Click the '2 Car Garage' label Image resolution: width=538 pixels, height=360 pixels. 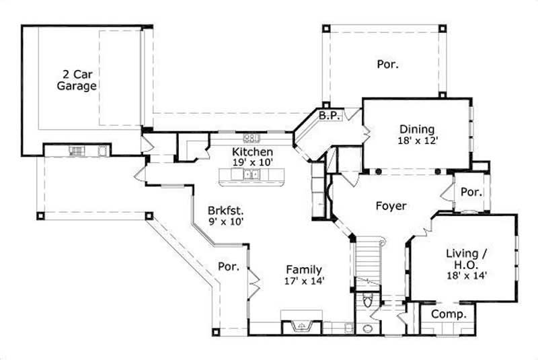pyautogui.click(x=76, y=79)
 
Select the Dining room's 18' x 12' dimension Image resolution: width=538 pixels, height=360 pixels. pyautogui.click(x=417, y=141)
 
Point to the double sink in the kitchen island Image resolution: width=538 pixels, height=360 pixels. pyautogui.click(x=252, y=175)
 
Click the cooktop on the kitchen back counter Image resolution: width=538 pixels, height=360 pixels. pyautogui.click(x=252, y=138)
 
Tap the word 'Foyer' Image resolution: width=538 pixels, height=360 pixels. pyautogui.click(x=391, y=206)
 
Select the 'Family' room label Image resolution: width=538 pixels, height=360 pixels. pyautogui.click(x=305, y=269)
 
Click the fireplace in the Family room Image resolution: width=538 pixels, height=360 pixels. pyautogui.click(x=302, y=325)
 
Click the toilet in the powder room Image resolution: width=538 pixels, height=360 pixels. pyautogui.click(x=367, y=301)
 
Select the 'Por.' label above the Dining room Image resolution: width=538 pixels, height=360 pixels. pyautogui.click(x=387, y=65)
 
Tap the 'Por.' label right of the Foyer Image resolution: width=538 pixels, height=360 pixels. pyautogui.click(x=471, y=192)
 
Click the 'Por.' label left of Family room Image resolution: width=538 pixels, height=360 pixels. pyautogui.click(x=229, y=266)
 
